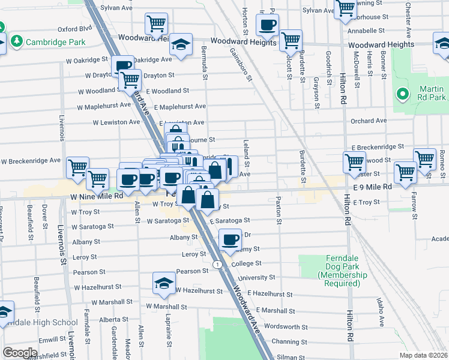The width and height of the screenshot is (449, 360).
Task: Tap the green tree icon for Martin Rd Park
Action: (403, 94)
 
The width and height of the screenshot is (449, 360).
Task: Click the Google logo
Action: (20, 353)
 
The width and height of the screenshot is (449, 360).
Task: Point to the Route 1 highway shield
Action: (217, 264)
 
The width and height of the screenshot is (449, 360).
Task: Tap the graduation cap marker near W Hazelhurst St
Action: (163, 284)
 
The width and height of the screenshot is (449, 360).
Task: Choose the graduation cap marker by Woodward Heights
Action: (179, 45)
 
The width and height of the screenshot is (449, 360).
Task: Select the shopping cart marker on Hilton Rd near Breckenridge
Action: (354, 161)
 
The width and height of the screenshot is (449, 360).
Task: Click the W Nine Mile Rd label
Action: (96, 196)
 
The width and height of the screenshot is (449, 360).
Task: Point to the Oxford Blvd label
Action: (74, 28)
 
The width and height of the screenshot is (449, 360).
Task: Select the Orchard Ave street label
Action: (369, 121)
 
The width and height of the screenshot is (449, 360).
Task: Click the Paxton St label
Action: (279, 211)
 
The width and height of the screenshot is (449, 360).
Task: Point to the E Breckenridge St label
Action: (378, 146)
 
